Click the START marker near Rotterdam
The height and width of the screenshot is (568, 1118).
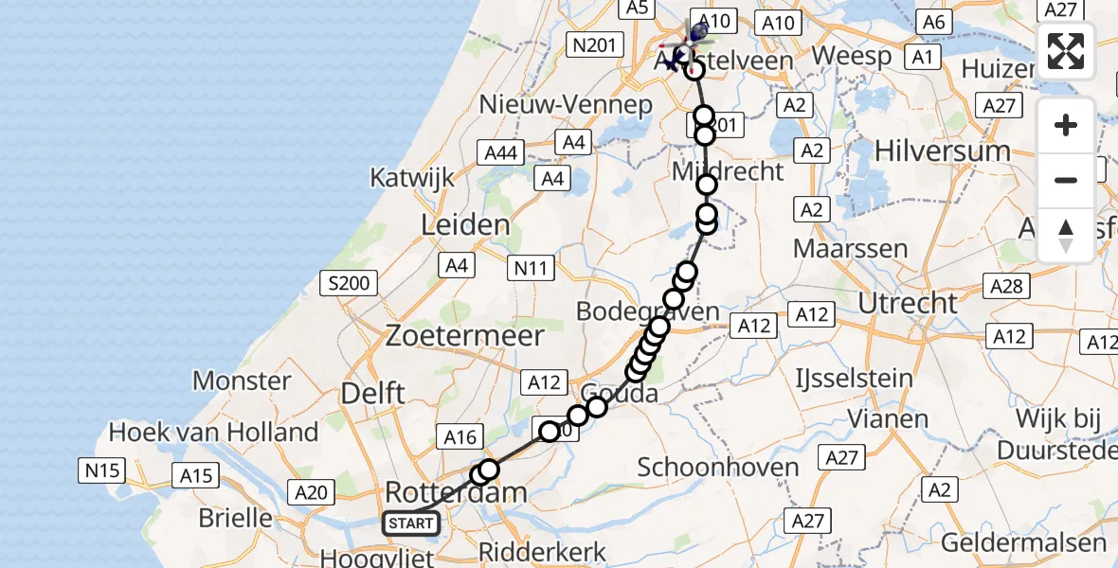pyautogui.click(x=410, y=524)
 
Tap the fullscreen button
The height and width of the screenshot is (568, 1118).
pyautogui.click(x=1066, y=51)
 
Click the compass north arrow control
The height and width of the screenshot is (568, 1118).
pyautogui.click(x=1066, y=235)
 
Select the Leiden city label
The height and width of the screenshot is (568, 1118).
pyautogui.click(x=466, y=225)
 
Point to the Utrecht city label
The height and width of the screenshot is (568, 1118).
pyautogui.click(x=908, y=304)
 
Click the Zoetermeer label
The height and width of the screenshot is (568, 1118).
pyautogui.click(x=464, y=335)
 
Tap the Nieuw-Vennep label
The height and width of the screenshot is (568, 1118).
pyautogui.click(x=566, y=104)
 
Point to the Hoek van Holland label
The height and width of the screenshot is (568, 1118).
pyautogui.click(x=213, y=433)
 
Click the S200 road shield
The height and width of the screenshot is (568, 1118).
pyautogui.click(x=350, y=282)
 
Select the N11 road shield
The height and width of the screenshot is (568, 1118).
pyautogui.click(x=531, y=269)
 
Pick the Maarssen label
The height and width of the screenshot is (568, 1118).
pyautogui.click(x=850, y=249)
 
